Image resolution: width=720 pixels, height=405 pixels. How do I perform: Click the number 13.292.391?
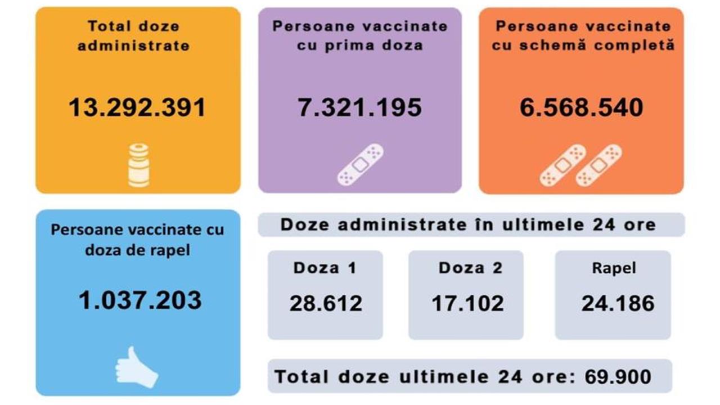[137, 107]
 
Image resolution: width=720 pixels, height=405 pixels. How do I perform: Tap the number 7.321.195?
[360, 107]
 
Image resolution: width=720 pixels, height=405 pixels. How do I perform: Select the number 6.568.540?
[581, 107]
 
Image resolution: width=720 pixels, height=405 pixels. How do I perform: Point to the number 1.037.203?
[140, 300]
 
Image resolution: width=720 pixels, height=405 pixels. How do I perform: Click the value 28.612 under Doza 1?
[326, 304]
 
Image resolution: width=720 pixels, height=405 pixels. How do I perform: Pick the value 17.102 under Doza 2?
[467, 304]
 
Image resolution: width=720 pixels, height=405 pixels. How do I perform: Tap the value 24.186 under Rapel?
[618, 304]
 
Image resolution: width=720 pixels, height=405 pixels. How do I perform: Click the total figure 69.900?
[618, 376]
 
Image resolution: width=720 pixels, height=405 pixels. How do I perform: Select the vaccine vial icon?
[138, 165]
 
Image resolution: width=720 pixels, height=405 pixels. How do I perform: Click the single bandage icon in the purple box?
[360, 165]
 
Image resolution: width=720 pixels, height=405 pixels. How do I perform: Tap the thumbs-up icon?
[136, 367]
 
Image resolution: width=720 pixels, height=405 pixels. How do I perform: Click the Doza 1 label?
[325, 268]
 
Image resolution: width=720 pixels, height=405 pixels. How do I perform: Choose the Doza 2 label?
[470, 268]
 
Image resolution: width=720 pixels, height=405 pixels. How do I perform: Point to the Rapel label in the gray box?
[614, 268]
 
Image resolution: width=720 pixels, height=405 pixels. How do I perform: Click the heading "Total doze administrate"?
[133, 35]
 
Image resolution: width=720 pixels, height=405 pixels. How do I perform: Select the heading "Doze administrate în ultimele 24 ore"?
[468, 225]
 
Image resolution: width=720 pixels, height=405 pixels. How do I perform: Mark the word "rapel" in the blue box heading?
[169, 249]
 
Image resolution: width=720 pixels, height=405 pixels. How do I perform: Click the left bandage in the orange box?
[562, 165]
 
